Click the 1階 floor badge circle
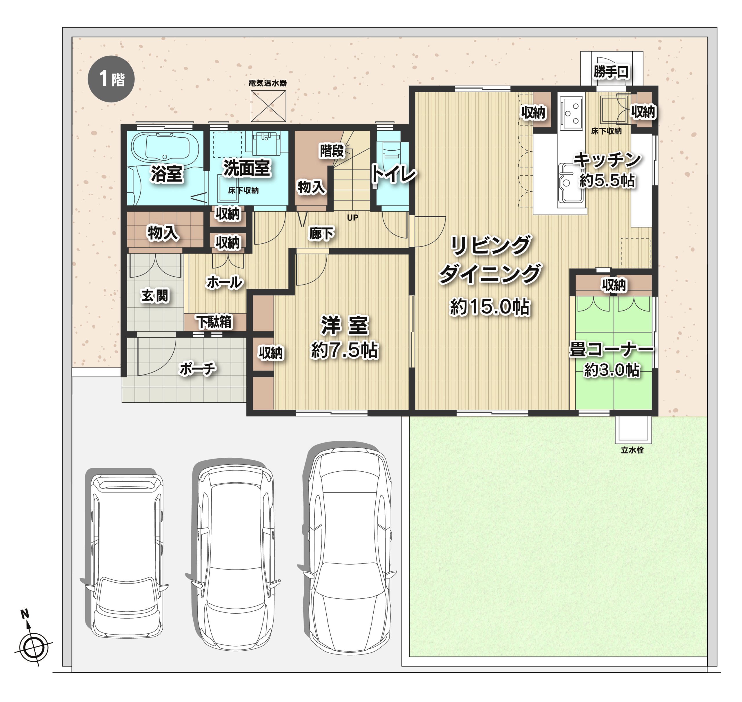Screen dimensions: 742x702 coord(111,79)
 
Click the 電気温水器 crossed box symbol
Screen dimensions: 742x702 coord(268,106)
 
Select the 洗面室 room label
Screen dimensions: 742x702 coord(246,168)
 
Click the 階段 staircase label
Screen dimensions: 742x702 coord(331,151)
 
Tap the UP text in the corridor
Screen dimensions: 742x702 coord(352,218)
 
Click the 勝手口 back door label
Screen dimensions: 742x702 coord(611,72)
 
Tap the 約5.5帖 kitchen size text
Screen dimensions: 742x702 coord(607,181)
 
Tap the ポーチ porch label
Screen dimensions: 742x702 coord(198,369)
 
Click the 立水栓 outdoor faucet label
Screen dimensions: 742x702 coord(632,450)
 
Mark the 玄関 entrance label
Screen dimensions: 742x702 coord(155,296)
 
